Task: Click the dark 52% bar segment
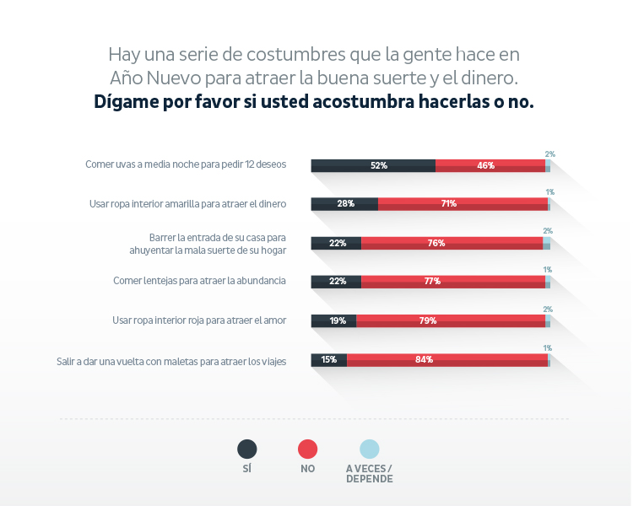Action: click(x=373, y=165)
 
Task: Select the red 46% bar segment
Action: click(x=490, y=165)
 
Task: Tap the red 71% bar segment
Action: click(x=463, y=203)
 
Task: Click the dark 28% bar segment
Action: click(x=344, y=203)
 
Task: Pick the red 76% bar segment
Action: click(x=452, y=243)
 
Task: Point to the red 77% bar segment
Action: click(x=452, y=281)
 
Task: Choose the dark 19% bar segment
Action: click(x=333, y=320)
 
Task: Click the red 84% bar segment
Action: click(x=446, y=359)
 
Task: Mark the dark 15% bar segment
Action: click(x=329, y=359)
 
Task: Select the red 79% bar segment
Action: click(x=450, y=320)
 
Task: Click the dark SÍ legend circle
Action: click(x=247, y=449)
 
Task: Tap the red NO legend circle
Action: click(x=308, y=449)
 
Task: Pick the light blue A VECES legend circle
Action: click(x=370, y=449)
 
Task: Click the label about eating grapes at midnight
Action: click(x=186, y=164)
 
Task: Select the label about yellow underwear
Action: click(x=188, y=203)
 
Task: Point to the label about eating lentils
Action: click(x=200, y=281)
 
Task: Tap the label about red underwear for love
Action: click(x=200, y=320)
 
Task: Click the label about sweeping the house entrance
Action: click(x=218, y=243)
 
